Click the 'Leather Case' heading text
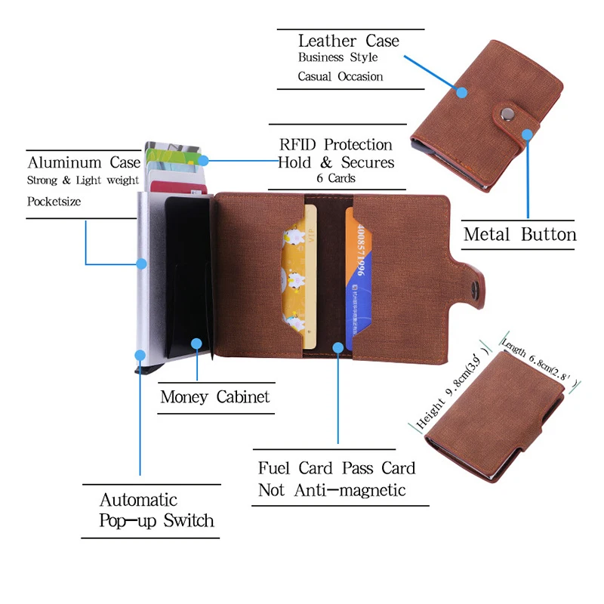348,41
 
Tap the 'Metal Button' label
519,234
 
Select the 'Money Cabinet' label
214,396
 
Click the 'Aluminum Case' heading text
84,162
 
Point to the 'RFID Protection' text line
336,144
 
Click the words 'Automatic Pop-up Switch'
156,510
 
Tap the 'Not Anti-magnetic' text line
331,490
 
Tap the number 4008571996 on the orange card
362,250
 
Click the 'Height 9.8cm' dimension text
446,396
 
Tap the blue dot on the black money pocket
196,344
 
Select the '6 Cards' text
336,179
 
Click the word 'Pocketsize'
54,202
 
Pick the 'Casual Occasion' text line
340,76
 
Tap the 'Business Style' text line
337,57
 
